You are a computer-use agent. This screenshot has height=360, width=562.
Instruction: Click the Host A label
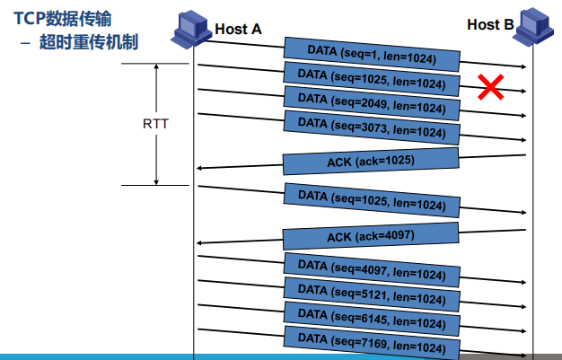pyautogui.click(x=238, y=29)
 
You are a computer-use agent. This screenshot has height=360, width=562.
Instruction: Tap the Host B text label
pyautogui.click(x=490, y=25)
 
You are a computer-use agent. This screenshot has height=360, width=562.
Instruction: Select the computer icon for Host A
pyautogui.click(x=191, y=28)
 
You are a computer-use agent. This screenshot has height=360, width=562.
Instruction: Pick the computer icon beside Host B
pyautogui.click(x=533, y=26)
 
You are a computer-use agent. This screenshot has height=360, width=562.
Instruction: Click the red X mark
pyautogui.click(x=491, y=87)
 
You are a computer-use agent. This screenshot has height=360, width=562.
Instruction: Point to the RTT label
pyautogui.click(x=155, y=124)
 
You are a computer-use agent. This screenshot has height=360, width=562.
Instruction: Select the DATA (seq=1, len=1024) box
pyautogui.click(x=372, y=54)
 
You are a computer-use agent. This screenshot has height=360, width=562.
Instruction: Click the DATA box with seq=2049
pyautogui.click(x=372, y=103)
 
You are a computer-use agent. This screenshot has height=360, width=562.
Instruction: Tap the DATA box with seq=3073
pyautogui.click(x=372, y=127)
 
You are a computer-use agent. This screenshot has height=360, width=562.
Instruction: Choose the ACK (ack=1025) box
pyautogui.click(x=371, y=162)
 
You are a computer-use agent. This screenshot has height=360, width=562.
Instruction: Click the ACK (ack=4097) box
pyautogui.click(x=371, y=236)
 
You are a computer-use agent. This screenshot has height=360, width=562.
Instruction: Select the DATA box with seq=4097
pyautogui.click(x=372, y=270)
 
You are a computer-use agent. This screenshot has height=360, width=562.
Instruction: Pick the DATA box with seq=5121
pyautogui.click(x=372, y=294)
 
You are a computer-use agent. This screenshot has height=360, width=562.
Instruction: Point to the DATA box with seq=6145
pyautogui.click(x=372, y=319)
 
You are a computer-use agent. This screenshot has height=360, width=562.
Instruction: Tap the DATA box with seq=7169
pyautogui.click(x=372, y=343)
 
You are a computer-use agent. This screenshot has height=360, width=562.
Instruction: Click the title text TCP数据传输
pyautogui.click(x=63, y=18)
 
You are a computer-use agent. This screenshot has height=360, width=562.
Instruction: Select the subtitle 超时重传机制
pyautogui.click(x=89, y=42)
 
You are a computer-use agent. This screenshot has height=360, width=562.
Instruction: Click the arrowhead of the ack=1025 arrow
pyautogui.click(x=198, y=168)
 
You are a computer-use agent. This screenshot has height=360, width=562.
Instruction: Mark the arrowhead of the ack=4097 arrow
pyautogui.click(x=198, y=243)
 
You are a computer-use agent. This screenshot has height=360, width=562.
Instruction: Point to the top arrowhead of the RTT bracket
pyautogui.click(x=156, y=66)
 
